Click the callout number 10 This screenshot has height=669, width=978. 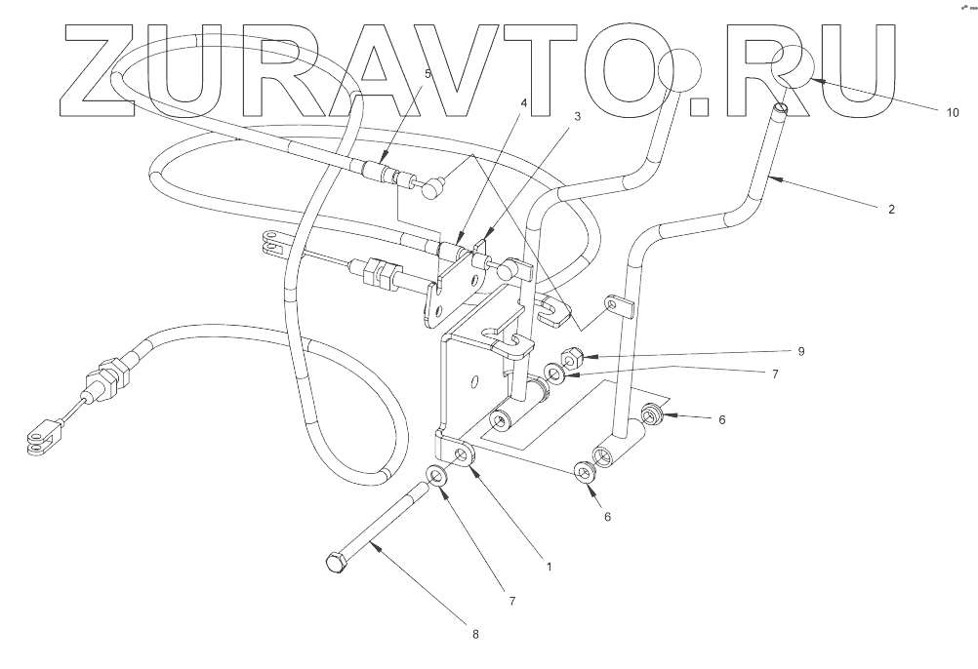pyautogui.click(x=952, y=111)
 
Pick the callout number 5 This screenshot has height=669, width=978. pyautogui.click(x=427, y=73)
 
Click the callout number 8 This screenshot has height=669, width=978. pyautogui.click(x=476, y=634)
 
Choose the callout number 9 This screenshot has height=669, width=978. pyautogui.click(x=799, y=351)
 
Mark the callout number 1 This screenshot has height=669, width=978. pyautogui.click(x=548, y=566)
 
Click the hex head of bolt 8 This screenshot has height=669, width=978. pyautogui.click(x=334, y=563)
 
